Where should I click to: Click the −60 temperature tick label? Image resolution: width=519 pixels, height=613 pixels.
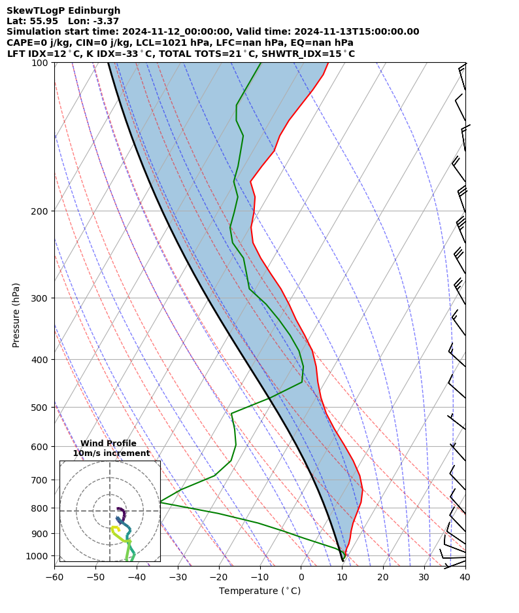click(54, 578)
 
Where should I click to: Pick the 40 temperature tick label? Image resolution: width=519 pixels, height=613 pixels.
click(465, 578)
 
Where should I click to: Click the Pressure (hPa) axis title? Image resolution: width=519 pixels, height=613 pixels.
click(16, 315)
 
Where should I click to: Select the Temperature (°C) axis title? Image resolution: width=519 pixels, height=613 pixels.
click(259, 591)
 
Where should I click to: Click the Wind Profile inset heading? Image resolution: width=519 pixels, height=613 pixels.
click(109, 444)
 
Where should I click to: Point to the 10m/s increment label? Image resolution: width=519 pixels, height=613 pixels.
click(111, 453)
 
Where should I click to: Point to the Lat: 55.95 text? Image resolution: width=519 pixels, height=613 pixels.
click(32, 21)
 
